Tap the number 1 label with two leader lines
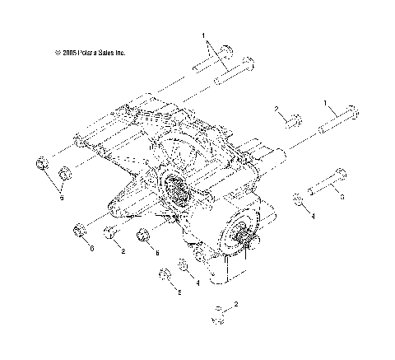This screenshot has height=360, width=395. click(x=202, y=36)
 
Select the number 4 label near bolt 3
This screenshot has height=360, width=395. click(x=313, y=216)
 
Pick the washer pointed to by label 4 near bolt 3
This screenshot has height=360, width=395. click(x=296, y=199)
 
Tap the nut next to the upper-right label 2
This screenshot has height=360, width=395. click(x=291, y=121)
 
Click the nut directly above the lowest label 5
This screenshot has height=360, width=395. click(x=165, y=274)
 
